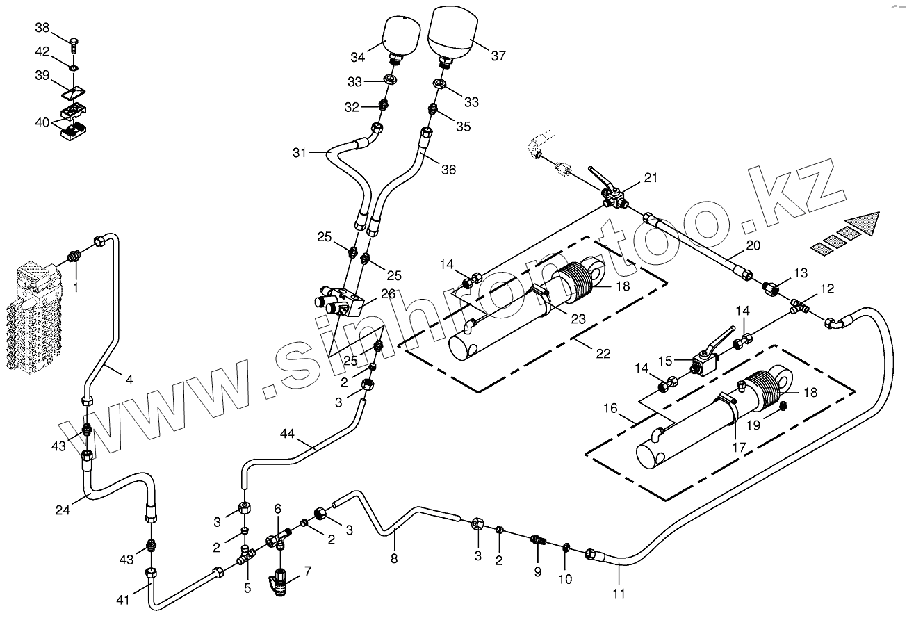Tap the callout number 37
pyautogui.click(x=498, y=56)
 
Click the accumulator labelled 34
pyautogui.click(x=400, y=35)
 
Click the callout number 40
pyautogui.click(x=42, y=123)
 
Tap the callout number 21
pyautogui.click(x=650, y=177)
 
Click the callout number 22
pyautogui.click(x=603, y=353)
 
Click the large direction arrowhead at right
pyautogui.click(x=865, y=225)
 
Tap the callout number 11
pyautogui.click(x=619, y=593)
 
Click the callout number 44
pyautogui.click(x=288, y=434)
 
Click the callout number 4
pyautogui.click(x=129, y=380)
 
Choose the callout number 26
pyautogui.click(x=388, y=294)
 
